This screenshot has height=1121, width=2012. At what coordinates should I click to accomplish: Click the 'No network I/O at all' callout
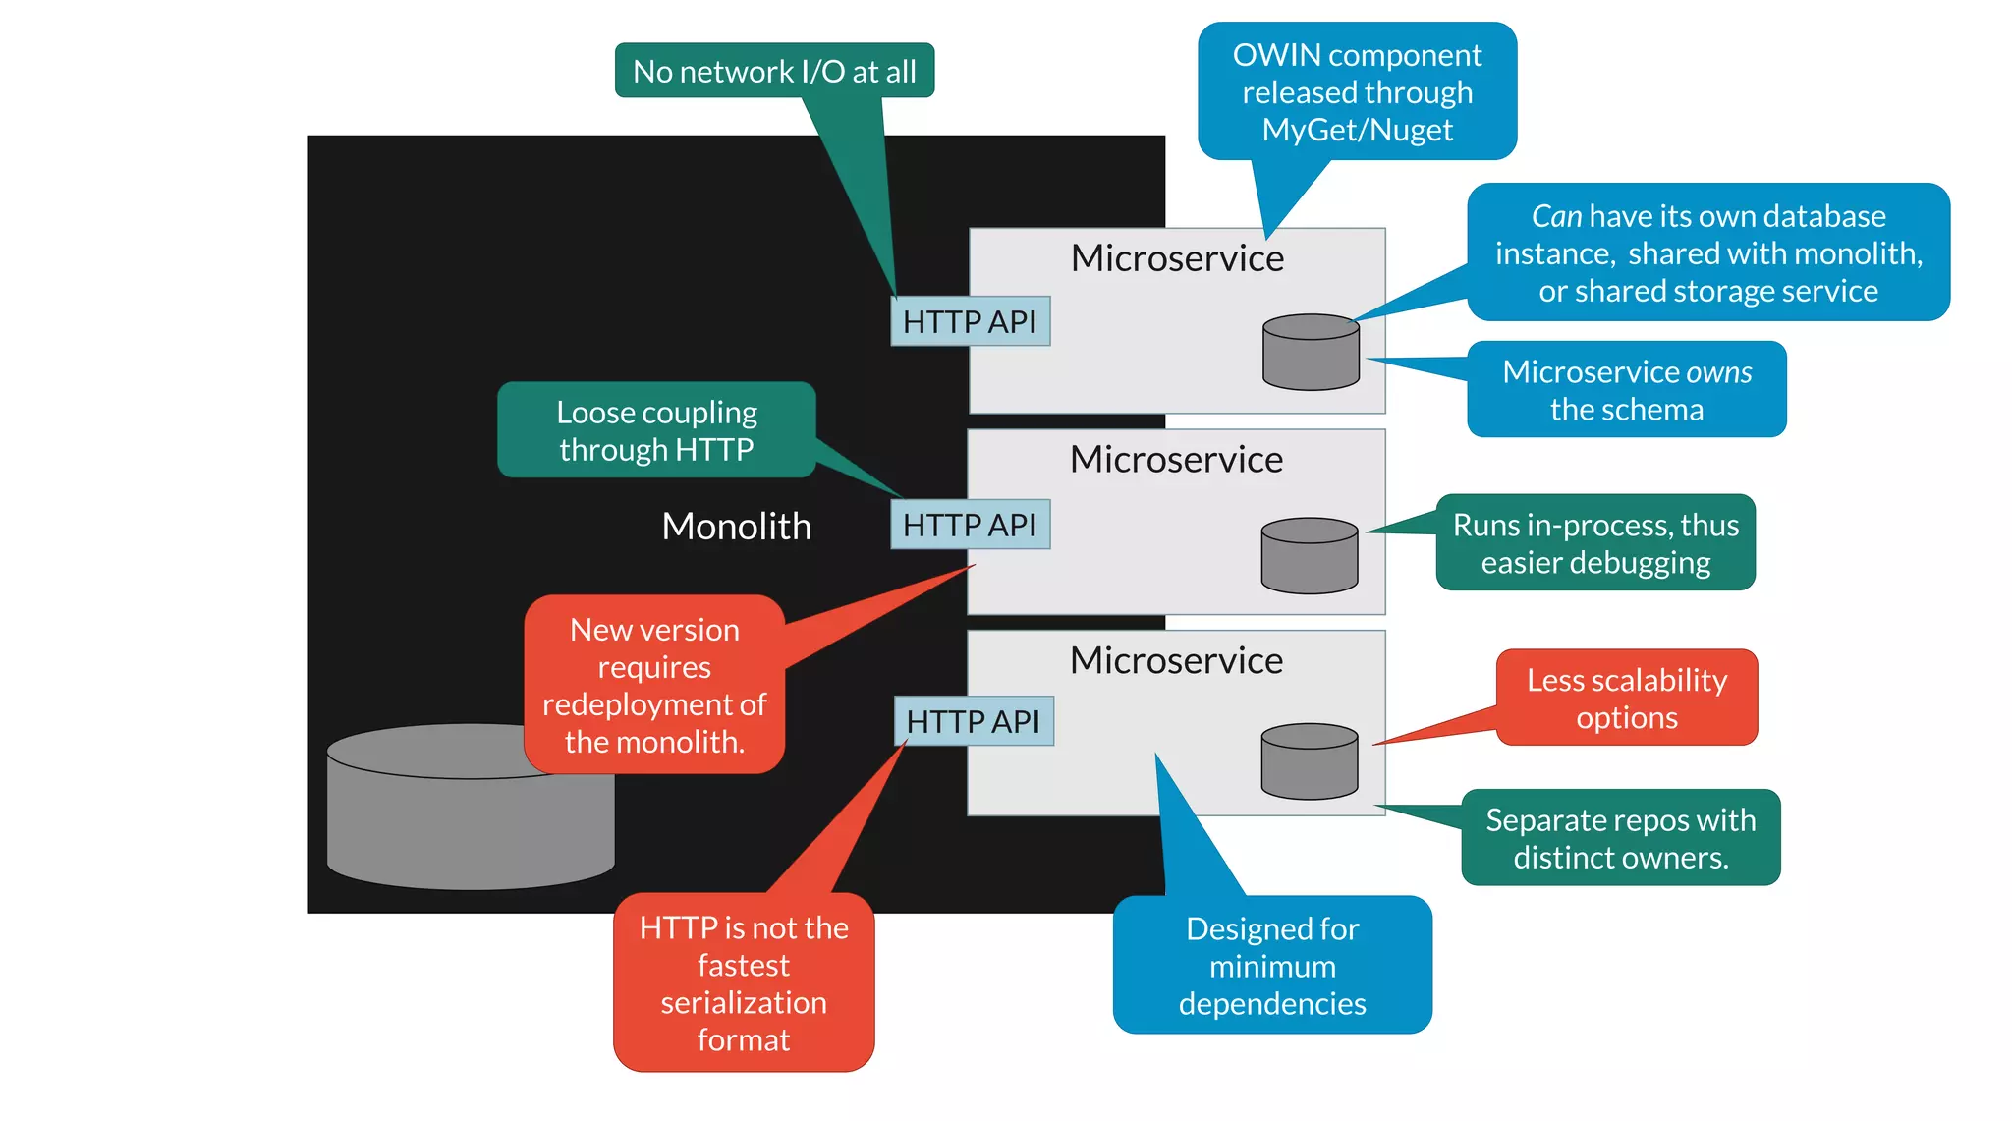pos(774,71)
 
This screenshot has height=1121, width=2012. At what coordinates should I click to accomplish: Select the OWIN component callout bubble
pos(1357,91)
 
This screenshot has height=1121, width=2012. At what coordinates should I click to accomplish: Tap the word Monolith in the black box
pos(736,527)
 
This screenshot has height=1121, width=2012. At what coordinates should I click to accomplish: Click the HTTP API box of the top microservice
pos(970,321)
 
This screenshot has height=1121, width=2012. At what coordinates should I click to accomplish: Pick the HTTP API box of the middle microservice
pos(970,525)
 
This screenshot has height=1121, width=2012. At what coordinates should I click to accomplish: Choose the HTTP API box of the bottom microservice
pos(973,721)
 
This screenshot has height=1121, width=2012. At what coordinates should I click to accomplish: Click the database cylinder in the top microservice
pos(1311,353)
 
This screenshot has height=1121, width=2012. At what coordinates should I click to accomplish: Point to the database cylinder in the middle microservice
pos(1310,556)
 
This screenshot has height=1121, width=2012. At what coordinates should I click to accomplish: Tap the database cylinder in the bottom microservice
pos(1310,761)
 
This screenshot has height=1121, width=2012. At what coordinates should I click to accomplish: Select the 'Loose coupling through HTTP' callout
pos(656,430)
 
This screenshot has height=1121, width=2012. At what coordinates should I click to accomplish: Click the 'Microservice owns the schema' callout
pos(1626,390)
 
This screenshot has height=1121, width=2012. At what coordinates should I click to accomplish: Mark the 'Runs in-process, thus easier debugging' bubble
pos(1595,543)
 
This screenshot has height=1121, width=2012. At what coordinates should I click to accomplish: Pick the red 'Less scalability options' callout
pos(1627,698)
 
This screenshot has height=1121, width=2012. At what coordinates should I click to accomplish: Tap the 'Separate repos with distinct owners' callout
pos(1620,838)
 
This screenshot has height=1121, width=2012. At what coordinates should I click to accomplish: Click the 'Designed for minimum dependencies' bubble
pos(1272,966)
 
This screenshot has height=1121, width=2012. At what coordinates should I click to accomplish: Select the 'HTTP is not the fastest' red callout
pos(744,982)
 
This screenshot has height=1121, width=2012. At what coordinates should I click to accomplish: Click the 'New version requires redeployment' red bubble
pos(654,685)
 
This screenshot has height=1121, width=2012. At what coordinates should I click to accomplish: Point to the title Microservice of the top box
pos(1177,258)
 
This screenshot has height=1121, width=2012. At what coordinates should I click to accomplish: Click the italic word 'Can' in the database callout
pos(1556,216)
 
